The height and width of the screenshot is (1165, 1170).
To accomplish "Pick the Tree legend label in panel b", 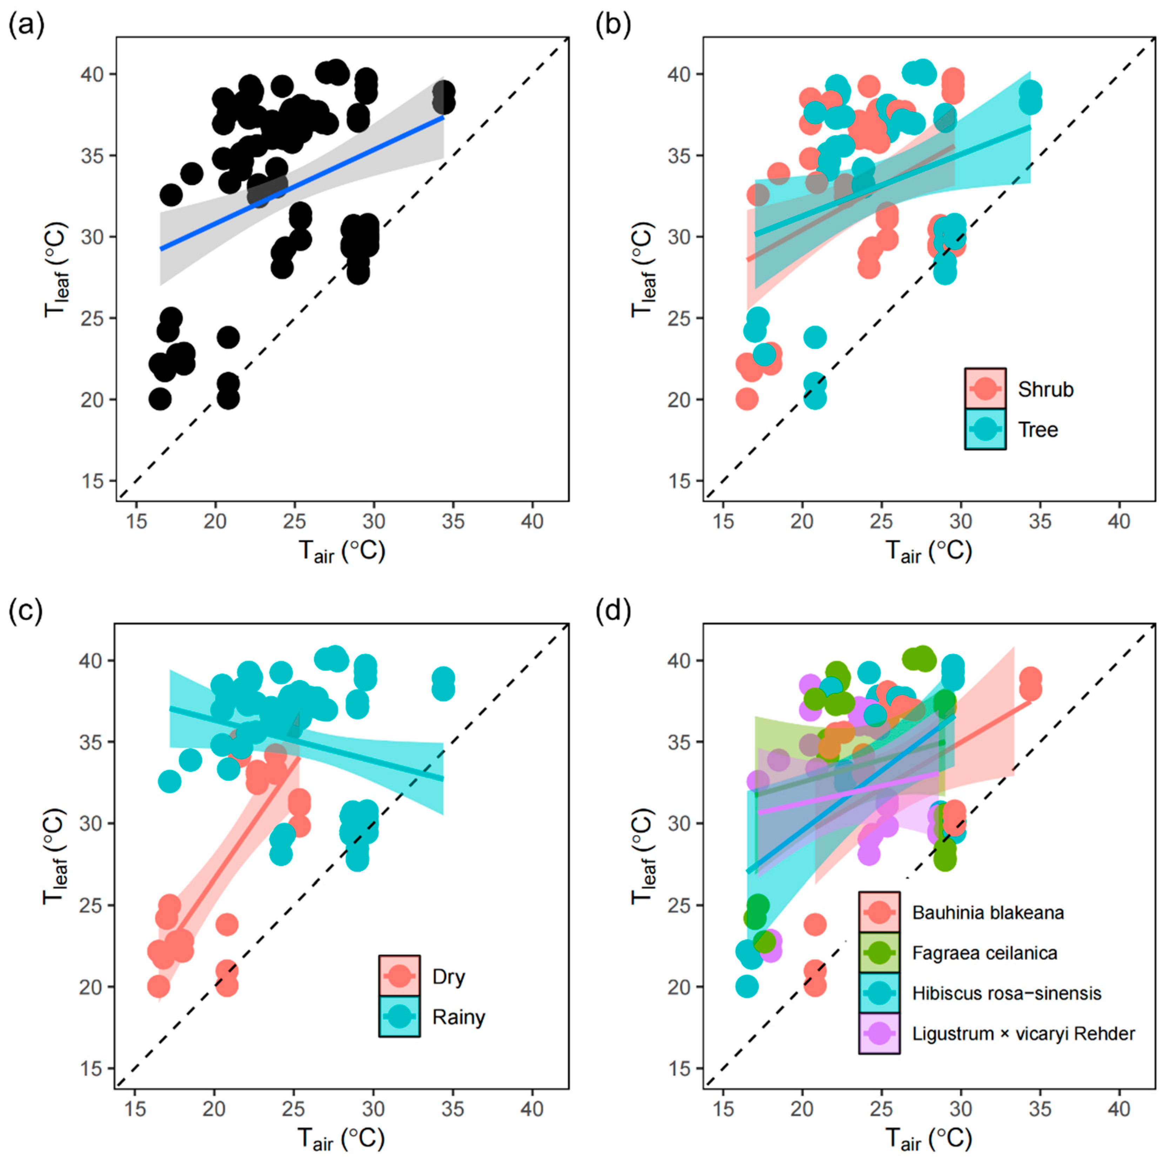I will tap(1038, 430).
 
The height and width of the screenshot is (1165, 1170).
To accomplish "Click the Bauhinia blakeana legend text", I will tap(988, 912).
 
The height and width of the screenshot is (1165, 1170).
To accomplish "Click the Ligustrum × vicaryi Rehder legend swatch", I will tap(879, 1033).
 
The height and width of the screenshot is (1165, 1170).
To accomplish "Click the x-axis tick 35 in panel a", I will tap(453, 521).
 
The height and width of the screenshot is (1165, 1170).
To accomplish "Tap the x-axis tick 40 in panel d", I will tap(1119, 1108).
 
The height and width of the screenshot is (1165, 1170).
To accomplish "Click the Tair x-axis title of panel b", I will tap(928, 551).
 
